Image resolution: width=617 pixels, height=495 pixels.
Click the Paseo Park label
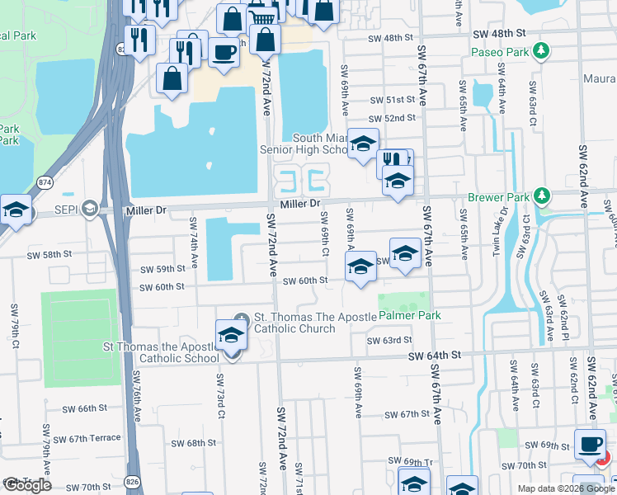pyautogui.click(x=498, y=52)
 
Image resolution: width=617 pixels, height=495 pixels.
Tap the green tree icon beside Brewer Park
pyautogui.click(x=541, y=196)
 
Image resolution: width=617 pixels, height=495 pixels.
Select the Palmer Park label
pyautogui.click(x=410, y=315)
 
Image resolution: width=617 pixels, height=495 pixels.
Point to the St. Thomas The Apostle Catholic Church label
pyautogui.click(x=294, y=323)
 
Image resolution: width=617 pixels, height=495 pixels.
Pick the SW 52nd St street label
pyautogui.click(x=393, y=118)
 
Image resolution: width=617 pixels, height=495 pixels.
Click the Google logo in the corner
pyautogui.click(x=27, y=485)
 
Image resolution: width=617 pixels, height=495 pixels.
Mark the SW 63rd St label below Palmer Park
pyautogui.click(x=389, y=340)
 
